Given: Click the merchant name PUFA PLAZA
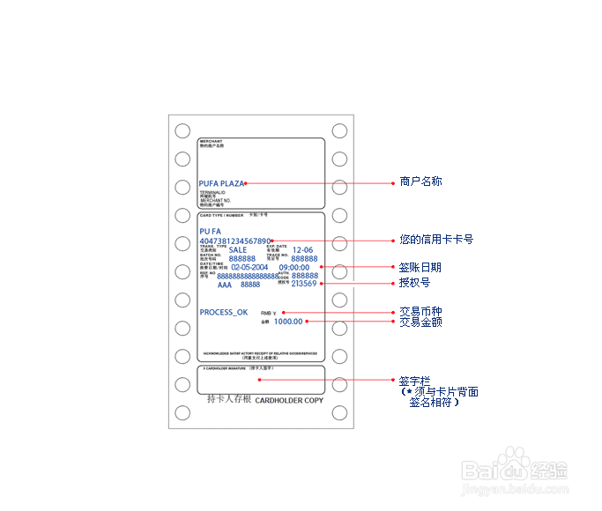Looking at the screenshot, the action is tap(221, 183).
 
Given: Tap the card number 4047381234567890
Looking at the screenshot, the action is tap(235, 241).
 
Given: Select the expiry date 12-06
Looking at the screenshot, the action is tap(302, 250).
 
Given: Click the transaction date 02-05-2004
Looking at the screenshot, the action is tap(249, 267).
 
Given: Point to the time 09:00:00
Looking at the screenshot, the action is tap(294, 267).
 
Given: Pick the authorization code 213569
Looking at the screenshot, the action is tap(304, 284).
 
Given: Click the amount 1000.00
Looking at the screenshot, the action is tap(288, 322).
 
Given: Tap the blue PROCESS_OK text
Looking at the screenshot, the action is tap(224, 313).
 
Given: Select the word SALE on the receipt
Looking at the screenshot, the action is tap(238, 250).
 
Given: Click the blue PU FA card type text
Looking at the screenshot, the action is tap(210, 231).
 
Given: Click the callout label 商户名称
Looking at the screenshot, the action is tap(420, 181).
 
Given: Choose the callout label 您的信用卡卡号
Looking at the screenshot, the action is tap(435, 239).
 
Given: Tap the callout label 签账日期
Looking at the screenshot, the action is tap(420, 267).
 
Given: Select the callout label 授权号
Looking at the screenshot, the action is tap(414, 283).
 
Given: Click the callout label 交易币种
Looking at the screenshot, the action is tap(420, 312).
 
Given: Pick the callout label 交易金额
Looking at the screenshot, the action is tap(420, 322).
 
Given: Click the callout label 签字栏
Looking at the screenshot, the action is tap(413, 381).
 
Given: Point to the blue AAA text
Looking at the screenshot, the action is tap(225, 285).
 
